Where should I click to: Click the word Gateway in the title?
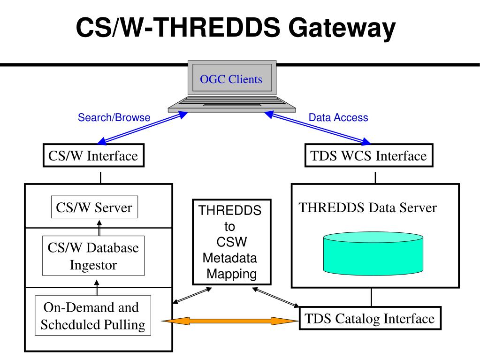(342, 28)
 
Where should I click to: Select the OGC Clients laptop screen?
(232, 78)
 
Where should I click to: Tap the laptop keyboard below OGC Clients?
(232, 104)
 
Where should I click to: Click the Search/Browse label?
(114, 117)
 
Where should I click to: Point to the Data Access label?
(338, 117)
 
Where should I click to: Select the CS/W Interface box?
(93, 155)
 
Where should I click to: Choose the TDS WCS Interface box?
(369, 155)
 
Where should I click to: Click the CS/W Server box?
(94, 207)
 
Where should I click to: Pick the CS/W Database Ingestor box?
(93, 256)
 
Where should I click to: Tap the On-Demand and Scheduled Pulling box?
(93, 315)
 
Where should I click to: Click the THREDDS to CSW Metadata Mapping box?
(232, 242)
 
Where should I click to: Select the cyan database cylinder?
(373, 253)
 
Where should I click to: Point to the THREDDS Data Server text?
(368, 207)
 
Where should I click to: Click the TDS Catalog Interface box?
(370, 318)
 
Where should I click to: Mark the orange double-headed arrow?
(230, 321)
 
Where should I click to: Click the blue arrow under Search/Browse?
(142, 128)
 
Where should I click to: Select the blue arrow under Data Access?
(318, 128)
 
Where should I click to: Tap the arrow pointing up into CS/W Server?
(99, 228)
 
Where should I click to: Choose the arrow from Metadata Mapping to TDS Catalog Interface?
(275, 297)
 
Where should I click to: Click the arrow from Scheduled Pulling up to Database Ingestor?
(97, 287)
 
